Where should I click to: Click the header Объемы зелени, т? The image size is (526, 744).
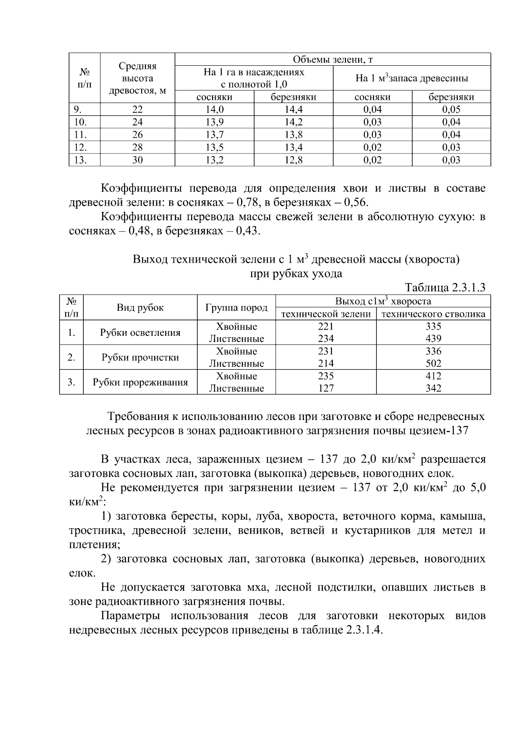click(332, 60)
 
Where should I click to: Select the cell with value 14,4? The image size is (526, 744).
click(293, 110)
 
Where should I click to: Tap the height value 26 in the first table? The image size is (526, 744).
click(138, 135)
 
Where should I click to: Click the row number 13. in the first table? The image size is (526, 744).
click(80, 160)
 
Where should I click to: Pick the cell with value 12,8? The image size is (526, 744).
click(293, 160)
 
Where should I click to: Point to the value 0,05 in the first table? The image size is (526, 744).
click(451, 110)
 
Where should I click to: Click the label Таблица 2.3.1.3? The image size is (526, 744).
click(445, 288)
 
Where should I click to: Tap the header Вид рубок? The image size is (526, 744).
click(140, 308)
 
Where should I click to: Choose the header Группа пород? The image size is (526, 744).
click(236, 308)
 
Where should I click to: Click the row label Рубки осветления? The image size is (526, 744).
click(140, 333)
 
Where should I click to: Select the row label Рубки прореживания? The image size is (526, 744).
click(140, 382)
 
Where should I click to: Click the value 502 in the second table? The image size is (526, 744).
click(433, 363)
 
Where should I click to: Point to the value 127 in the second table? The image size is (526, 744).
click(326, 388)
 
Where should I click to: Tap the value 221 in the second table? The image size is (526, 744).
click(326, 327)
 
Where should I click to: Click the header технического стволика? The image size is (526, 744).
click(433, 314)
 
